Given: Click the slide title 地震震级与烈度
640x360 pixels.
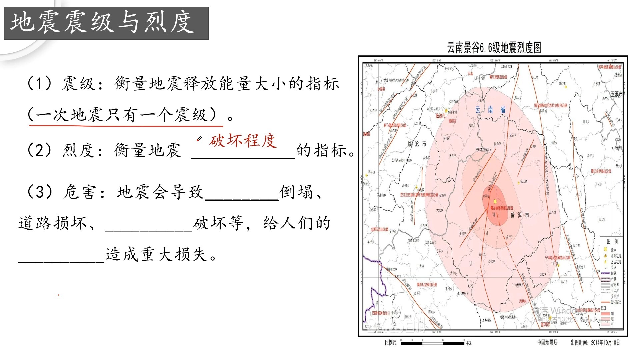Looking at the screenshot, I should pyautogui.click(x=103, y=23).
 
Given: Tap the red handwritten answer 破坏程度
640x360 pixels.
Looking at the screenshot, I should pyautogui.click(x=243, y=141).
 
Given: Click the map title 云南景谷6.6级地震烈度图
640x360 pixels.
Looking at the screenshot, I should pyautogui.click(x=494, y=48).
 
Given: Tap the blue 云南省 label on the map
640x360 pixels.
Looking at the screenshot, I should pyautogui.click(x=490, y=110).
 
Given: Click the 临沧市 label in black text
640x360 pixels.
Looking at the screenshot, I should pyautogui.click(x=417, y=144).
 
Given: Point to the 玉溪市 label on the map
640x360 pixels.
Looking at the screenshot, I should pyautogui.click(x=616, y=94).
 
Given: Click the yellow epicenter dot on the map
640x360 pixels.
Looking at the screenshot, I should pyautogui.click(x=495, y=201).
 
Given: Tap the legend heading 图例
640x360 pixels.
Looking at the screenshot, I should pyautogui.click(x=612, y=241).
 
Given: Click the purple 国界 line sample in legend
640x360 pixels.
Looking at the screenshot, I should pyautogui.click(x=605, y=273).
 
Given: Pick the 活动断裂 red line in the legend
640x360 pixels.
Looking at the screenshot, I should pyautogui.click(x=605, y=302).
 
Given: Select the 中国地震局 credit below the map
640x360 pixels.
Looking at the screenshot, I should pyautogui.click(x=547, y=343).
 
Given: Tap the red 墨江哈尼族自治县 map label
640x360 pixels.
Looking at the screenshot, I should pyautogui.click(x=601, y=171).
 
